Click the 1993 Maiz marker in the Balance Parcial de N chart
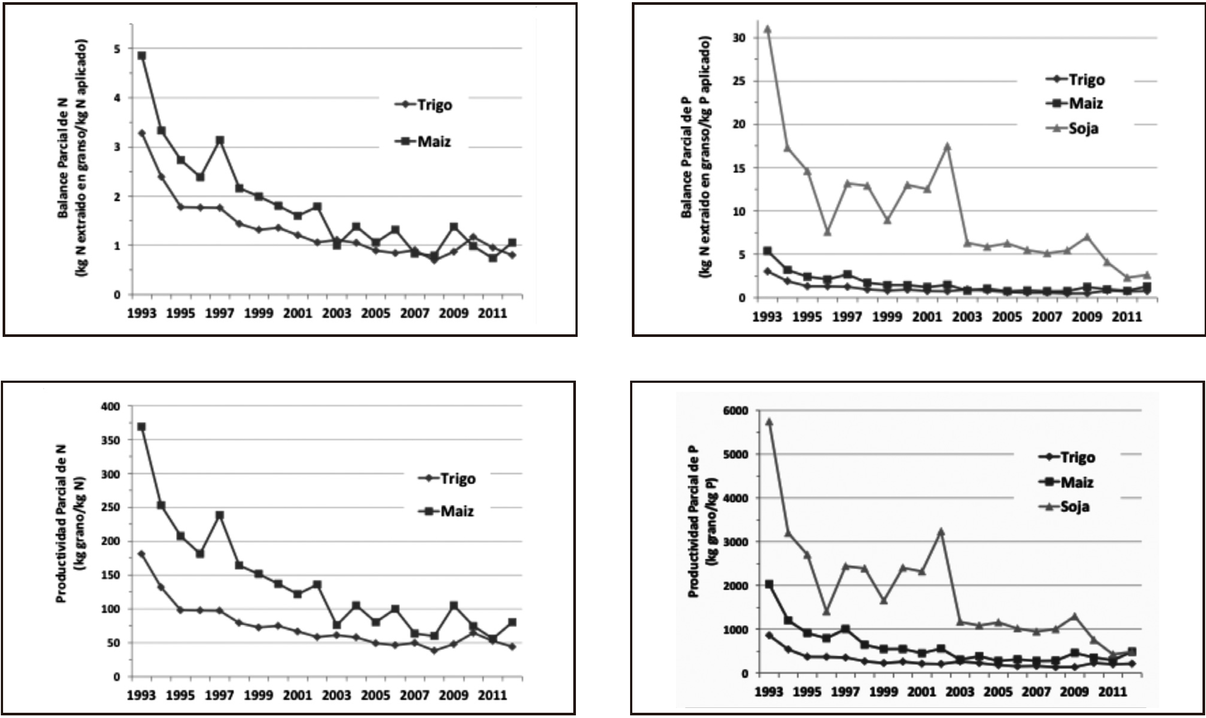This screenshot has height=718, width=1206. click(x=141, y=55)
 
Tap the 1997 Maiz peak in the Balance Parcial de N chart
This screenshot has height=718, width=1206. click(x=220, y=140)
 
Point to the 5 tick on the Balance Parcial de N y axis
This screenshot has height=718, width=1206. click(x=117, y=49)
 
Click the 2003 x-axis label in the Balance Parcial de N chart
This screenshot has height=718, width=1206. click(x=337, y=313)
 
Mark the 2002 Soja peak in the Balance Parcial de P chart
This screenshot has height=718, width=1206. click(x=948, y=146)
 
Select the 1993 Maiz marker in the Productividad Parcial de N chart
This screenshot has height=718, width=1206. click(x=141, y=427)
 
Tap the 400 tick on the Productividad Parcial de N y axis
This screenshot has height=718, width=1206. click(x=110, y=406)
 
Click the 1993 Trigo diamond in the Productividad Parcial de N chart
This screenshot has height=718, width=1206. click(x=141, y=554)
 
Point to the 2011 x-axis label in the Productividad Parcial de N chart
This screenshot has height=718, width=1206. click(x=492, y=695)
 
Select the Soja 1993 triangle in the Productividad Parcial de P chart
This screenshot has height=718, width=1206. click(x=769, y=422)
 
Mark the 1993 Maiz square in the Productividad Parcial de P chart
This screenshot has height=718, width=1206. click(x=769, y=584)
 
